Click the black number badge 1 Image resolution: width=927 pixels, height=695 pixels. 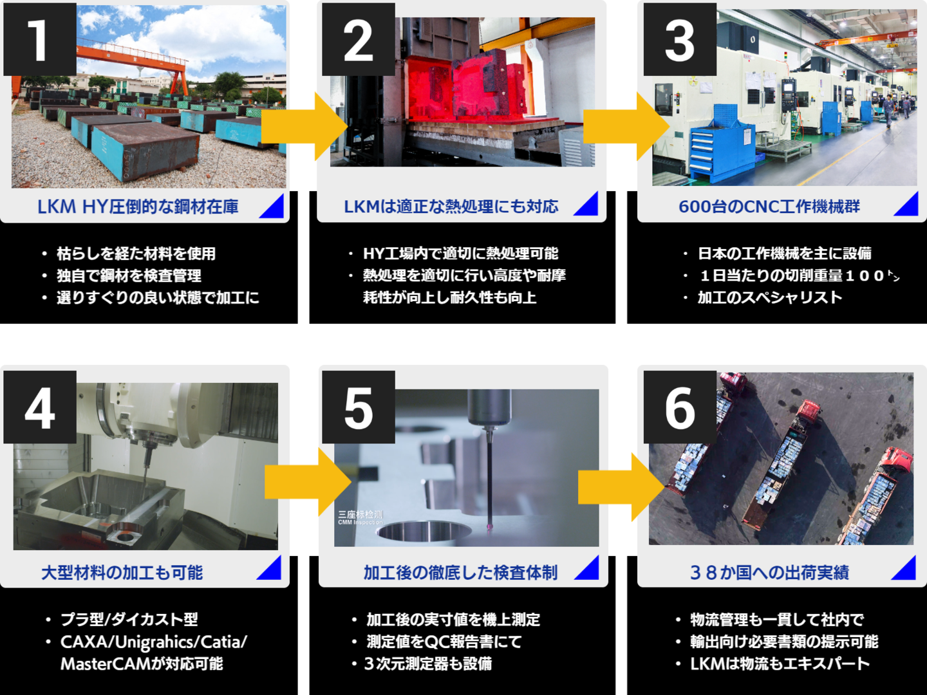coord(40,39)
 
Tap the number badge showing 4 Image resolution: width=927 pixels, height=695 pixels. coord(40,407)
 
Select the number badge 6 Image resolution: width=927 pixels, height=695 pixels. coord(680,407)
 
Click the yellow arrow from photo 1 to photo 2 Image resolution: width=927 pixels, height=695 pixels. coord(304,126)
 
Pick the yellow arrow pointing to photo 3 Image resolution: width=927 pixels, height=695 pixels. coord(626,126)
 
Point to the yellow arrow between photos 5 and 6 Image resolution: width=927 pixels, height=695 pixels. coord(622,487)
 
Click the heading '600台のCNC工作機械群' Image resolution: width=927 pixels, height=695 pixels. coord(769,207)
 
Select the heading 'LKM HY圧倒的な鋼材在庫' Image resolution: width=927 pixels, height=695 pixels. coord(138,207)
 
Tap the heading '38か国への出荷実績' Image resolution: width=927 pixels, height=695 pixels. coord(769,573)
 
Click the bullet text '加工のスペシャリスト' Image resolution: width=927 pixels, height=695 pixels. coord(769,297)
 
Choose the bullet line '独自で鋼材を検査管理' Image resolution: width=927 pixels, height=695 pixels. coord(129,276)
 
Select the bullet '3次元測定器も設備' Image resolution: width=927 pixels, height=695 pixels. coord(428,663)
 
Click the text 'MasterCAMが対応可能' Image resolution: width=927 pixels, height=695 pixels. coord(142,663)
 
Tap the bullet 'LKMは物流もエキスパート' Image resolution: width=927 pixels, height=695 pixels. coord(780,663)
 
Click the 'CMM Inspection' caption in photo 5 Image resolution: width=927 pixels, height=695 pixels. coord(360,523)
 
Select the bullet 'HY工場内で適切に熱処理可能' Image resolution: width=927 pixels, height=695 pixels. coord(460,254)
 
